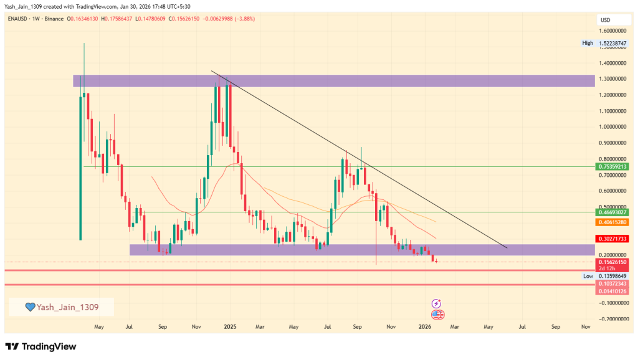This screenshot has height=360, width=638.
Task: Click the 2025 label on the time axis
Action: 230,326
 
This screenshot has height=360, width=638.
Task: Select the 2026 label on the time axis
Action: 425,326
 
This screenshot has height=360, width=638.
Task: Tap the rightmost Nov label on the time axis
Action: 586,326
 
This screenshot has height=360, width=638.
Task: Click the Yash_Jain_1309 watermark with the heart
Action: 60,306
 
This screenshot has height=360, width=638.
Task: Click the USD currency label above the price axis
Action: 605,20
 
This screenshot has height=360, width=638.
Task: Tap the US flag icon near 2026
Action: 437,315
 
